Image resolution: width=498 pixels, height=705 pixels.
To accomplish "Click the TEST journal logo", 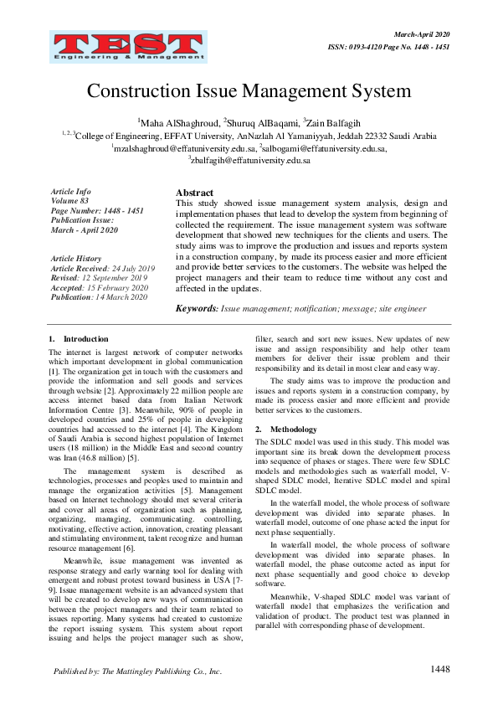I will click(x=102, y=43).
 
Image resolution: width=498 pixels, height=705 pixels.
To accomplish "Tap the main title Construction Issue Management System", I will click(x=249, y=90).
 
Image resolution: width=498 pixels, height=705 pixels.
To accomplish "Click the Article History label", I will click(x=76, y=259).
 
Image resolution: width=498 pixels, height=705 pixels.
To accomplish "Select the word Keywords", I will click(x=197, y=309).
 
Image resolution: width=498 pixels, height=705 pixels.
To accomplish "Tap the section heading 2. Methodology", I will click(x=282, y=429).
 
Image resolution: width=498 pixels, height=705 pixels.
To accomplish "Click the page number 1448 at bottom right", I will click(x=440, y=669).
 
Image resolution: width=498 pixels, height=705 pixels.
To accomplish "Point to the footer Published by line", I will click(x=137, y=672).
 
